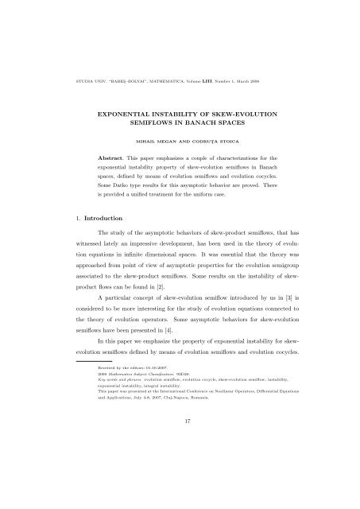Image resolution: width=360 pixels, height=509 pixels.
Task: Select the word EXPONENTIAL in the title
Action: (x=130, y=115)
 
